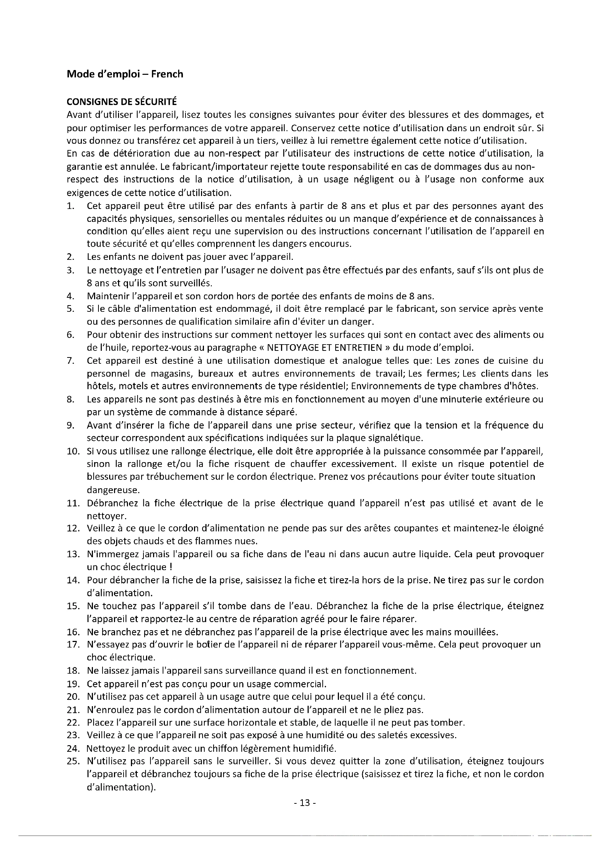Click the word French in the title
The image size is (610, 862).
click(x=167, y=74)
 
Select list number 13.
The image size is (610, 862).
click(x=74, y=554)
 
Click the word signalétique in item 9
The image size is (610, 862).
click(x=398, y=438)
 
